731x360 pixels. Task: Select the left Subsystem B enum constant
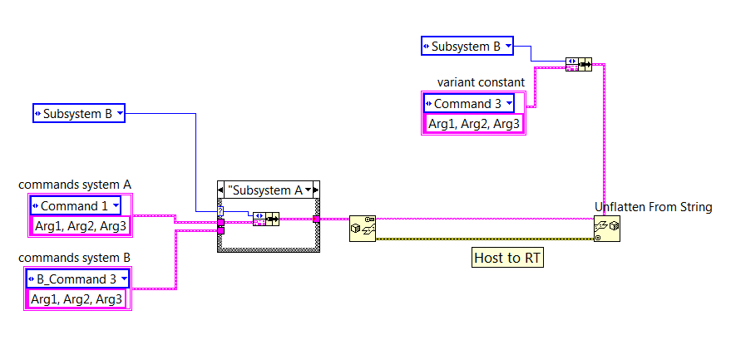click(79, 113)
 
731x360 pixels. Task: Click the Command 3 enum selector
click(469, 104)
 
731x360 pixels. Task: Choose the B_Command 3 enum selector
click(78, 279)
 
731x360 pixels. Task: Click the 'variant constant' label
click(481, 82)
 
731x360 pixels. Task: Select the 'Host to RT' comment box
click(507, 258)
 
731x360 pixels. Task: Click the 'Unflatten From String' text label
click(653, 207)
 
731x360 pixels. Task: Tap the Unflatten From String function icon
click(606, 228)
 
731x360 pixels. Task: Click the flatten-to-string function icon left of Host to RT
click(363, 228)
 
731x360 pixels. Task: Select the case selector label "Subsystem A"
click(266, 190)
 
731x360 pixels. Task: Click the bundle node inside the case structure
click(265, 219)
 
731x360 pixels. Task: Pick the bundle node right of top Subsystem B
click(578, 64)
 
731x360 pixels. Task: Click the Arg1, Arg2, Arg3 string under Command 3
click(473, 124)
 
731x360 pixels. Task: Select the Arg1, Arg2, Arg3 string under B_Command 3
click(77, 298)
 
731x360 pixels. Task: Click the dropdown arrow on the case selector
click(309, 190)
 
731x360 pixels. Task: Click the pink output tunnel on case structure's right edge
click(316, 219)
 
